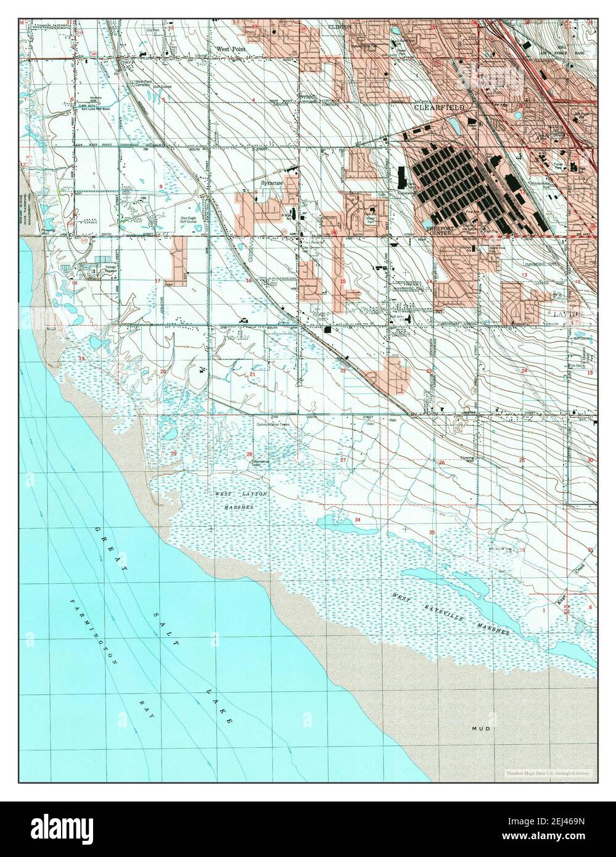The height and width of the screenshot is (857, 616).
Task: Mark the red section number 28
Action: click(250, 454)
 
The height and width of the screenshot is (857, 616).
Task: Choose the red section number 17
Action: click(158, 282)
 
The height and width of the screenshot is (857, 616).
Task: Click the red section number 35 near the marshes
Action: click(432, 532)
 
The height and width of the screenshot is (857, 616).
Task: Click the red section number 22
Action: click(343, 371)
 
